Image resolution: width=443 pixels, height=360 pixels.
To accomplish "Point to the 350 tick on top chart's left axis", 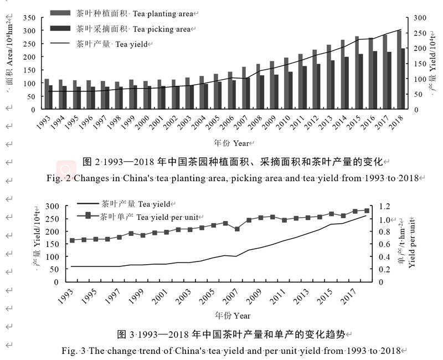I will (30, 18).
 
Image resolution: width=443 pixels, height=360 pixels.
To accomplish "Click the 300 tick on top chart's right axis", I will (419, 18).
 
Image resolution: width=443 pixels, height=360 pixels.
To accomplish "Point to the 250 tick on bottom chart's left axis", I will (51, 219).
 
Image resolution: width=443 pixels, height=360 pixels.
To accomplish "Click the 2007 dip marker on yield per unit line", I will (237, 229).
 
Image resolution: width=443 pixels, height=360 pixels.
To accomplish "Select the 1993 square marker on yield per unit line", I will (72, 240).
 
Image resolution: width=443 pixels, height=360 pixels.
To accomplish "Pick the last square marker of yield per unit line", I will (367, 210).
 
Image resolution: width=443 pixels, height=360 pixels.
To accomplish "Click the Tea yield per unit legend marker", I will (87, 217).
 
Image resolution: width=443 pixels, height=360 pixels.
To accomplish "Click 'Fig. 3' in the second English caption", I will (74, 351).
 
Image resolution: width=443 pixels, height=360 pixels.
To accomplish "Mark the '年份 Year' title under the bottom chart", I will (233, 316).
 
